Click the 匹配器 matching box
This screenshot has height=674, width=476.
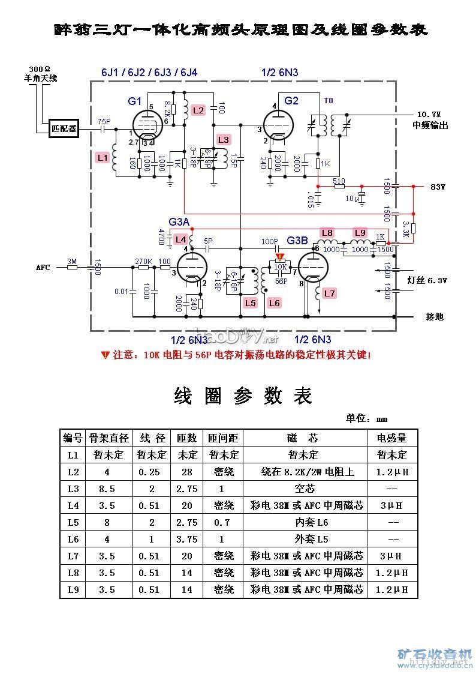pyautogui.click(x=64, y=128)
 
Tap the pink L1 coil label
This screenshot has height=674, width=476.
pyautogui.click(x=103, y=158)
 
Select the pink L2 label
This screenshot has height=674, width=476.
pyautogui.click(x=198, y=110)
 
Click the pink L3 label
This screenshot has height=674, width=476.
pyautogui.click(x=223, y=140)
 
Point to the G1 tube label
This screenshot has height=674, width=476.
pyautogui.click(x=135, y=101)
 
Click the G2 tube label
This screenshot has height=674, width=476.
pyautogui.click(x=291, y=101)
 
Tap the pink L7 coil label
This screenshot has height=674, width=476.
pyautogui.click(x=329, y=293)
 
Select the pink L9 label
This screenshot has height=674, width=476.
pyautogui.click(x=359, y=233)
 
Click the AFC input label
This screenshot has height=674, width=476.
pyautogui.click(x=43, y=268)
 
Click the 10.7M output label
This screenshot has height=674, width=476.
pyautogui.click(x=429, y=114)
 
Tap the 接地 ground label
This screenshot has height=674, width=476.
pyautogui.click(x=435, y=316)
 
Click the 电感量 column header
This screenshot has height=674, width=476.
pyautogui.click(x=391, y=438)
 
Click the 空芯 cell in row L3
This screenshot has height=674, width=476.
pyautogui.click(x=305, y=489)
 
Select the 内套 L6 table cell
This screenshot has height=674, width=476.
pyautogui.click(x=305, y=522)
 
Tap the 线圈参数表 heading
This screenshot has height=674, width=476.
pyautogui.click(x=243, y=396)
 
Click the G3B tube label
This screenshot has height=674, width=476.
pyautogui.click(x=297, y=241)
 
